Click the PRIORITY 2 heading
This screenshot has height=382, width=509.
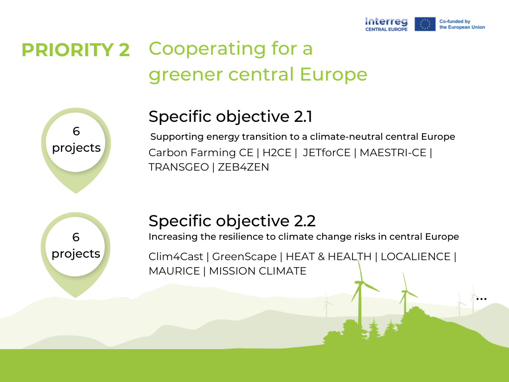[x=76, y=50]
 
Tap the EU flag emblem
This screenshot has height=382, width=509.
[x=425, y=24]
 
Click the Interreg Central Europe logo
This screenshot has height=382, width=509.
[x=386, y=24]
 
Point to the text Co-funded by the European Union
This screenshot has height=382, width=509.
[x=462, y=24]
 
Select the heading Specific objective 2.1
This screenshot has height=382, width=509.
[x=231, y=116]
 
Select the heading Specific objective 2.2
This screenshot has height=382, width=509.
[x=232, y=220]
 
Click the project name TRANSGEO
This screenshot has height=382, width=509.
[x=178, y=167]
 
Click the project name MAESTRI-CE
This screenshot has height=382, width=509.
[x=393, y=152]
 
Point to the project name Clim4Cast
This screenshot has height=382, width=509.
[x=177, y=257]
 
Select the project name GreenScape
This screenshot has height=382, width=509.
[x=245, y=257]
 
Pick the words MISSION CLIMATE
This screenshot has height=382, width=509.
[x=257, y=271]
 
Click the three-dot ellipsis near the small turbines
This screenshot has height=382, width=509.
[x=481, y=299]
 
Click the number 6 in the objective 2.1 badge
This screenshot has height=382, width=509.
[x=76, y=132]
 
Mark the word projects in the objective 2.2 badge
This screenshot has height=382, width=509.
[x=76, y=254]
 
